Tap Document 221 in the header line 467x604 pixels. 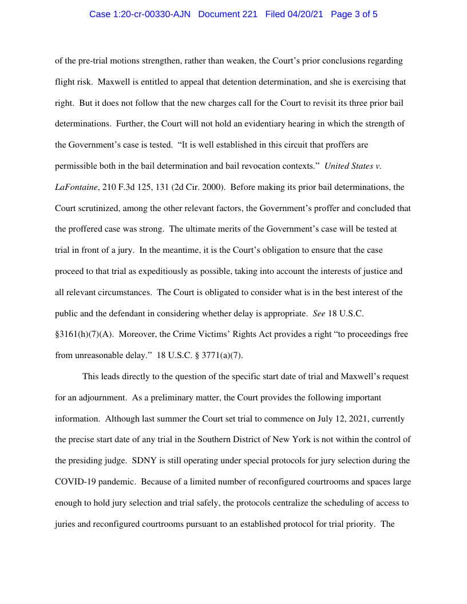[x=228, y=14]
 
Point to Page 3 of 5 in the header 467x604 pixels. [x=354, y=14]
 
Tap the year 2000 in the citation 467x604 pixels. [x=211, y=187]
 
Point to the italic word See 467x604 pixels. [x=319, y=313]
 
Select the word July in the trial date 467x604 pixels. [x=326, y=419]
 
